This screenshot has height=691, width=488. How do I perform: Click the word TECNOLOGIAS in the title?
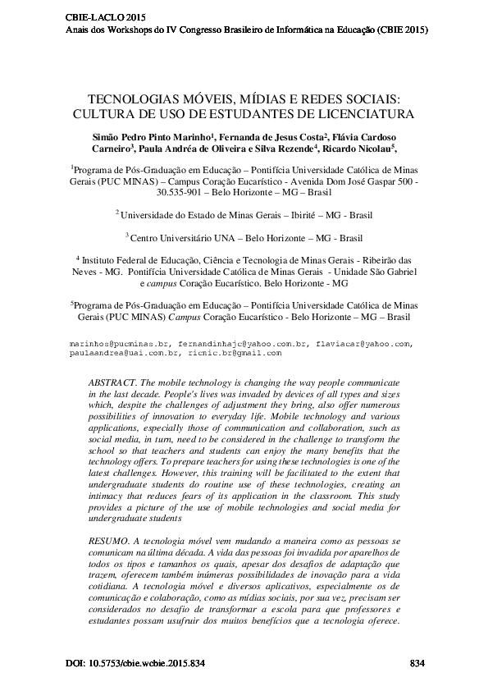click(x=135, y=97)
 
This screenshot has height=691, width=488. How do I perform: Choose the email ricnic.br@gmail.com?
click(x=235, y=353)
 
